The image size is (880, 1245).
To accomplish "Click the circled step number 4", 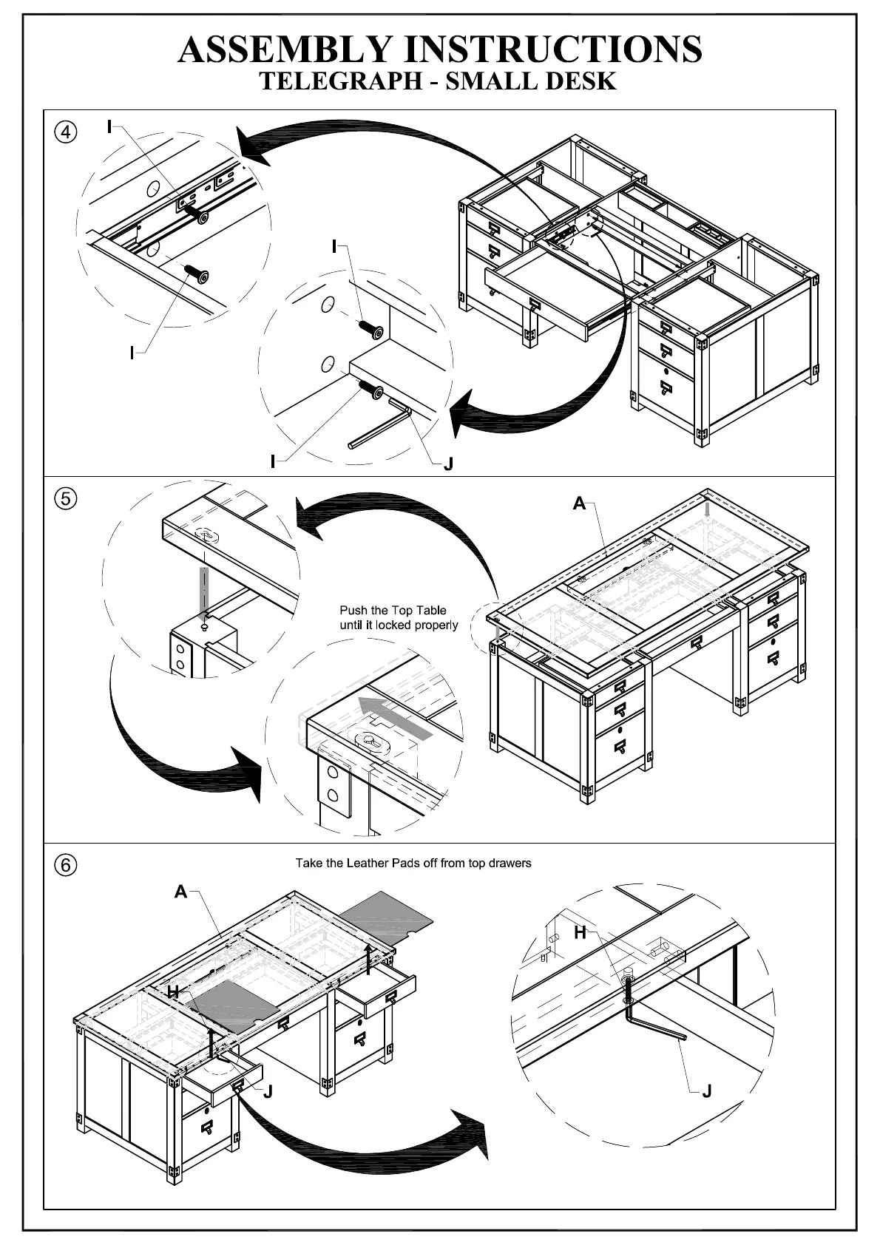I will pyautogui.click(x=66, y=132).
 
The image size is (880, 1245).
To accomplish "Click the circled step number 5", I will pyautogui.click(x=66, y=498).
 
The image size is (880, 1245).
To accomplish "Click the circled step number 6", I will pyautogui.click(x=66, y=864).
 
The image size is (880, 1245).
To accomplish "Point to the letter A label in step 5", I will pyautogui.click(x=579, y=503).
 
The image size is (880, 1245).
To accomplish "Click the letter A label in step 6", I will pyautogui.click(x=181, y=892).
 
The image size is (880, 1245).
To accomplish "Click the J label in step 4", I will pyautogui.click(x=447, y=464).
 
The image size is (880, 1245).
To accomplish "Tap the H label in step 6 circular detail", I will pyautogui.click(x=581, y=933).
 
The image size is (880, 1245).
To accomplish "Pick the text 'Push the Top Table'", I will pyautogui.click(x=393, y=610).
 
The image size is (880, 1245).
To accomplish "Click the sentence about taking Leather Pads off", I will pyautogui.click(x=413, y=863).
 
